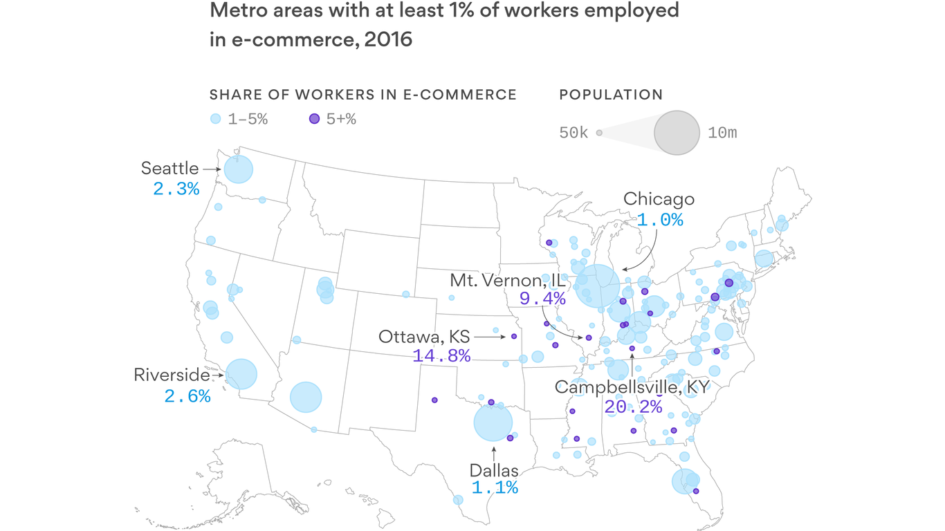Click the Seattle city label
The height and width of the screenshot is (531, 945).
[169, 168]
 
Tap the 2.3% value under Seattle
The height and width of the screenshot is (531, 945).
[176, 188]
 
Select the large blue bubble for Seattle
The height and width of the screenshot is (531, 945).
[238, 169]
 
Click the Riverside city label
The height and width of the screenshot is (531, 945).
[172, 375]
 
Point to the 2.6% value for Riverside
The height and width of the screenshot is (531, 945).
[187, 396]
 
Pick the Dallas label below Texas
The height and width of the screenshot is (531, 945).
[494, 471]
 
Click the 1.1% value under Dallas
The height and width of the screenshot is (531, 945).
[494, 487]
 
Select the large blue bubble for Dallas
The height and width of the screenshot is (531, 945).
[493, 422]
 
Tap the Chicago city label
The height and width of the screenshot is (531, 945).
[659, 199]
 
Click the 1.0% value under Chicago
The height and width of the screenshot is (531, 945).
[660, 220]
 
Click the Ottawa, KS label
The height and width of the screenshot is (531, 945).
[424, 337]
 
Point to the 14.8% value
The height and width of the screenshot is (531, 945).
[441, 356]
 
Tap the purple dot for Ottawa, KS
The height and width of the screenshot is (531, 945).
[514, 337]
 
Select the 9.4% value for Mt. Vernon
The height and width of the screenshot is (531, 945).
[542, 299]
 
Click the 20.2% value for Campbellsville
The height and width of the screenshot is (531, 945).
[633, 407]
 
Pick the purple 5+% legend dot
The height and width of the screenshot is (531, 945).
[314, 119]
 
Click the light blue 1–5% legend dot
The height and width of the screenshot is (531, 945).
[215, 119]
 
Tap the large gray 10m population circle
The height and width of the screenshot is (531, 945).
[677, 132]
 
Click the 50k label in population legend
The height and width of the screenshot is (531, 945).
[574, 133]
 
